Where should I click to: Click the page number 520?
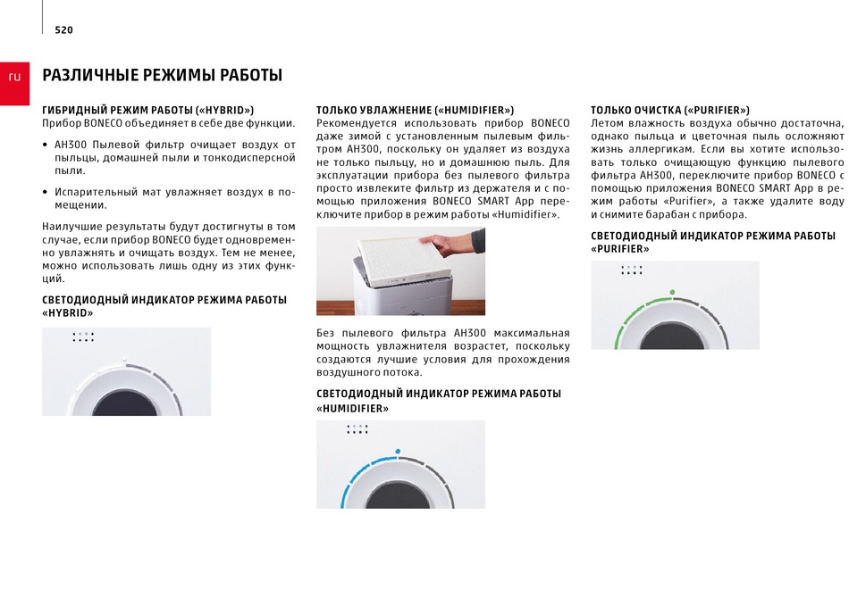(x=63, y=30)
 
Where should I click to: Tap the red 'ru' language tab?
(x=14, y=83)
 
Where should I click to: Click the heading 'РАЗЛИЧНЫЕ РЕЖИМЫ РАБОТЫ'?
(x=163, y=75)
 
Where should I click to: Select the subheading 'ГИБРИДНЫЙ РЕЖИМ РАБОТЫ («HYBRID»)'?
(x=147, y=111)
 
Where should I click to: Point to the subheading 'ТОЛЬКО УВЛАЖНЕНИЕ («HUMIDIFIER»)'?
(x=416, y=111)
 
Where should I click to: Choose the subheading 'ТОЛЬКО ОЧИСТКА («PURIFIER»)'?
(x=670, y=111)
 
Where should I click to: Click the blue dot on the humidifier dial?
(x=398, y=451)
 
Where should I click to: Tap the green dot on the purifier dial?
(x=672, y=292)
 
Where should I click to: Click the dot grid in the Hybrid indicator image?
(x=83, y=336)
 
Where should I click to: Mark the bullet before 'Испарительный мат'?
(x=45, y=193)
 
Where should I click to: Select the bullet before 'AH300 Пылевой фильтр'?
(x=45, y=145)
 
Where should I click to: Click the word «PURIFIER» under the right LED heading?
(x=620, y=249)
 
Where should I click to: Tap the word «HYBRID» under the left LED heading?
(x=68, y=313)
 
